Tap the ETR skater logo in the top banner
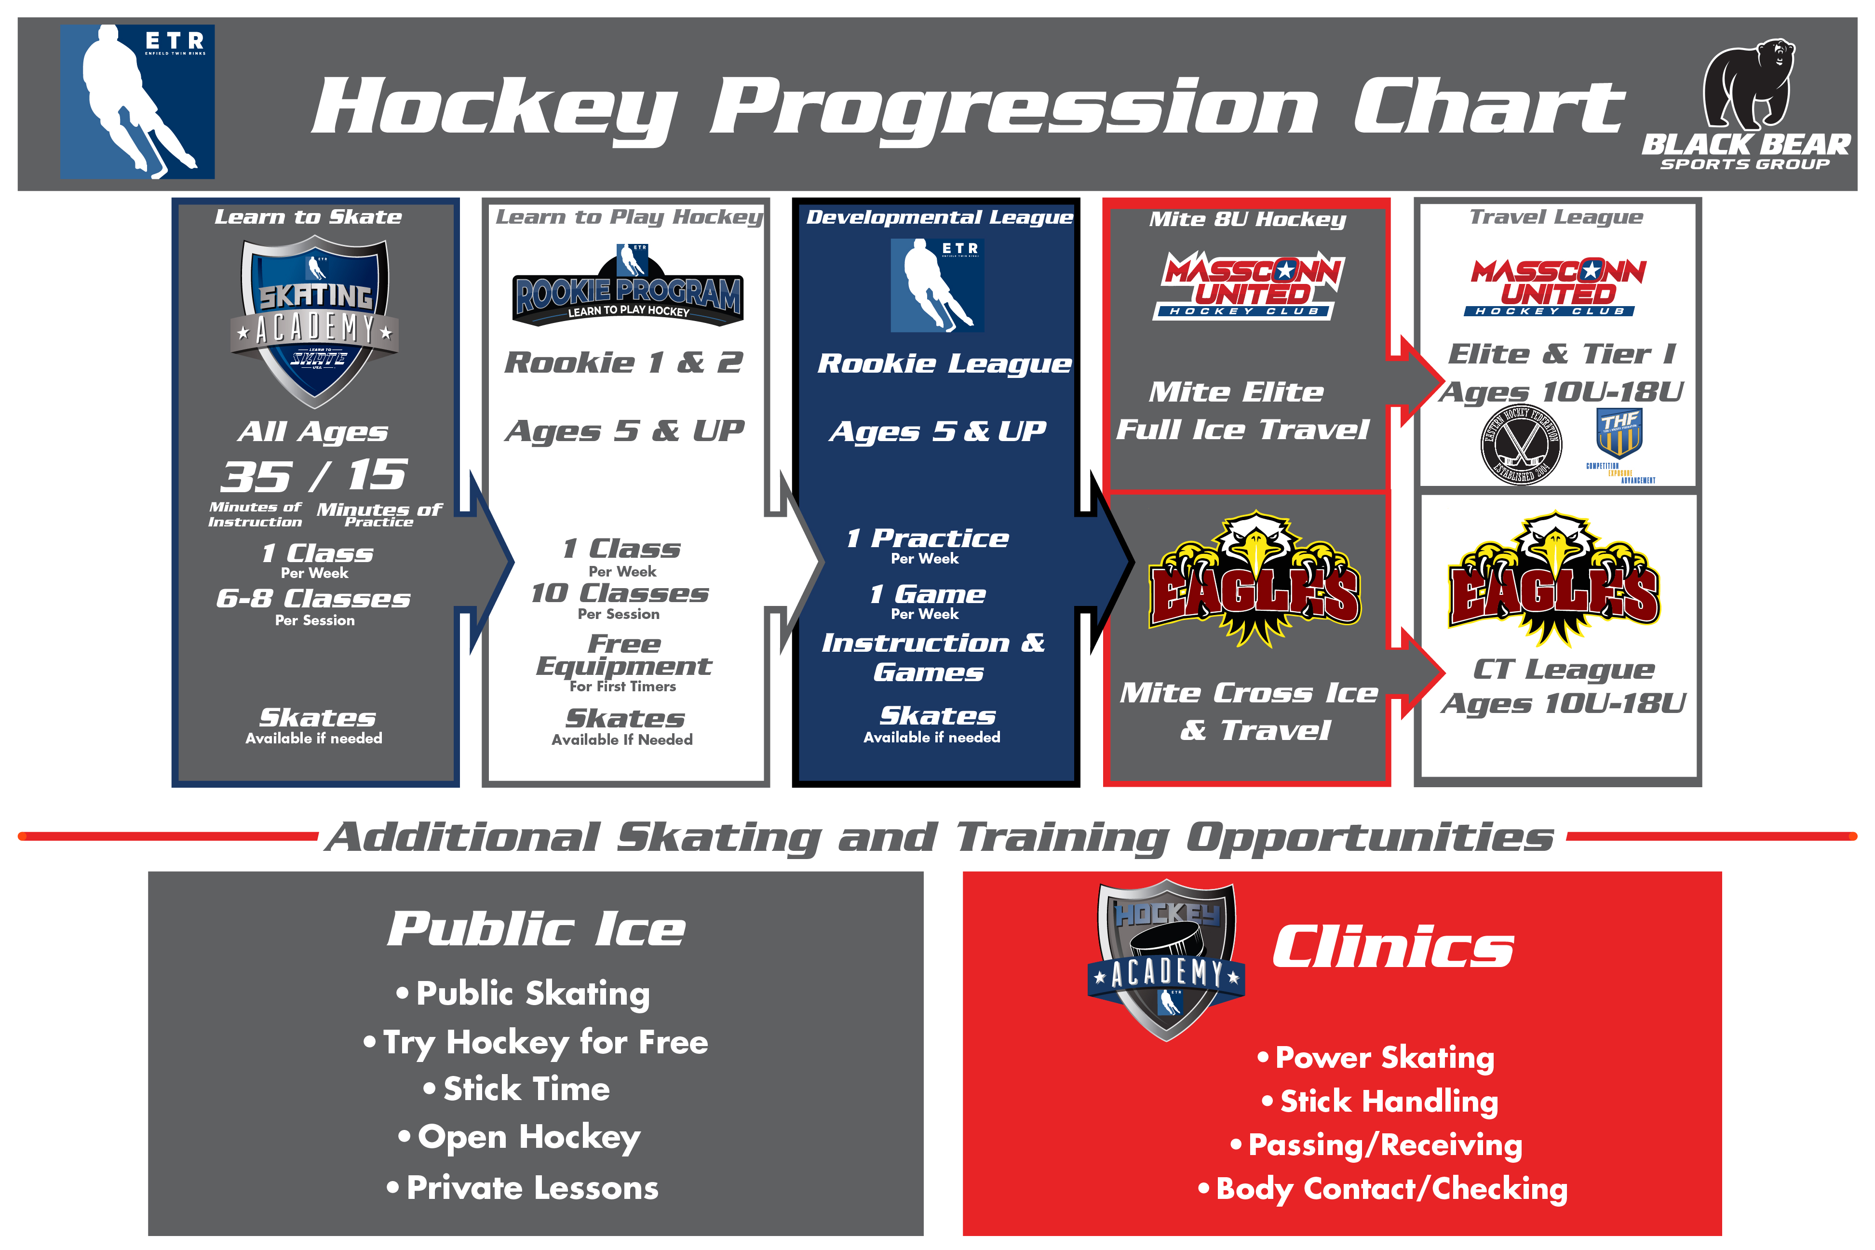(x=137, y=101)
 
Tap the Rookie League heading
(x=944, y=363)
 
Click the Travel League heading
(x=1556, y=217)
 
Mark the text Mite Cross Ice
(x=1248, y=693)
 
